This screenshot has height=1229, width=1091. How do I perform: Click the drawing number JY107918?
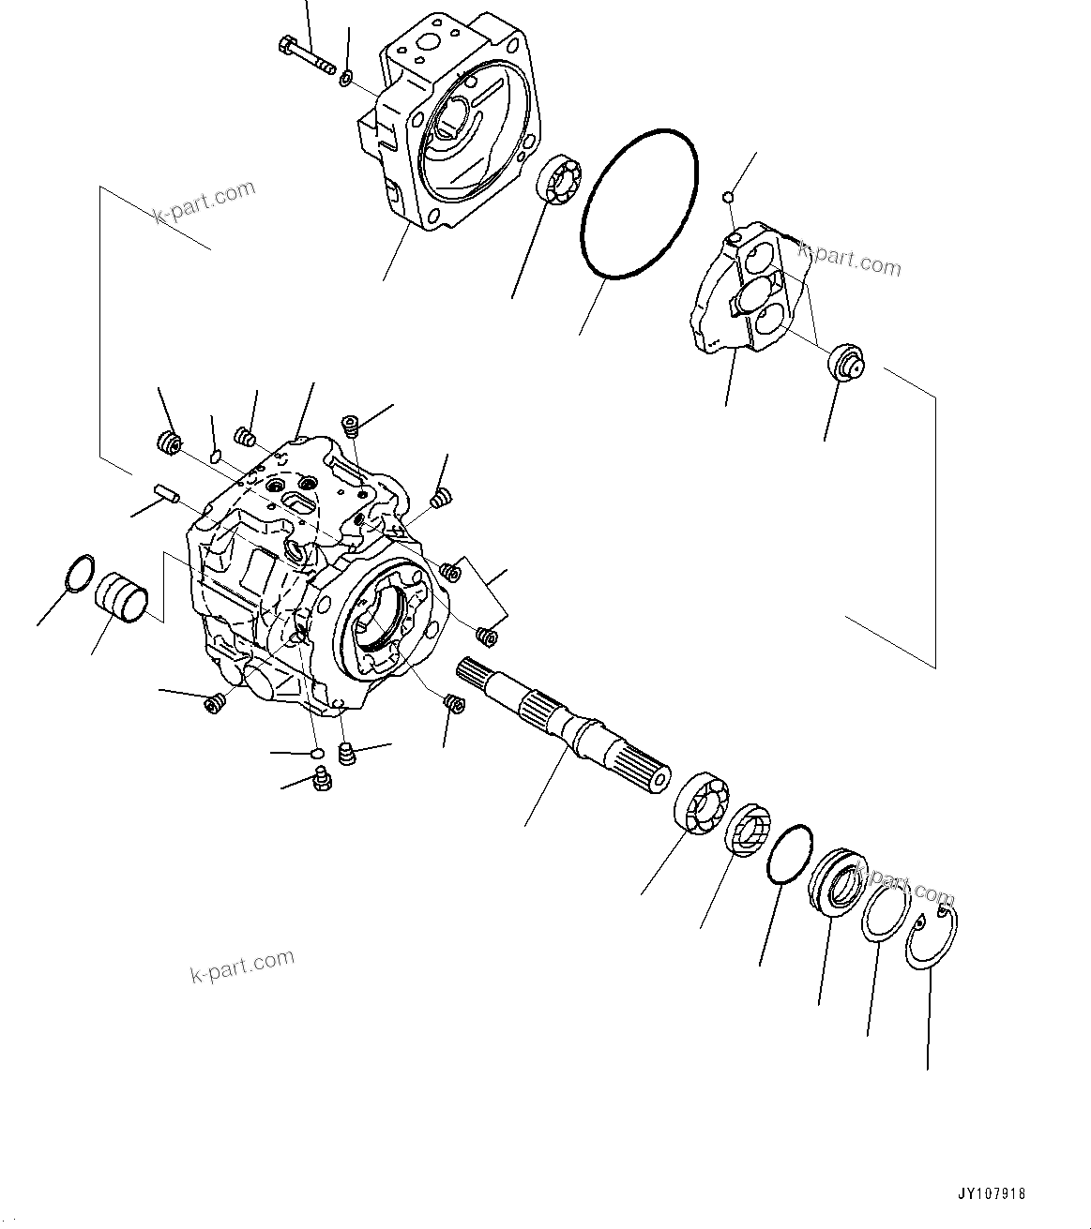pos(992,1194)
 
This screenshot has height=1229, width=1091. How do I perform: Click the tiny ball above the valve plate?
pos(728,196)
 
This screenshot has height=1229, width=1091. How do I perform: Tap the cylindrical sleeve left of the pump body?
pos(122,598)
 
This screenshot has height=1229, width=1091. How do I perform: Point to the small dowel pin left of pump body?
pos(165,492)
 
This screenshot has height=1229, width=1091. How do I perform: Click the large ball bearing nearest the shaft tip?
pos(704,802)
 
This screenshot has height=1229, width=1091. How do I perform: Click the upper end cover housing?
pos(450,122)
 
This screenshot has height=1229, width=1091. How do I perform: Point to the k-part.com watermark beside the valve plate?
pos(848,260)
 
